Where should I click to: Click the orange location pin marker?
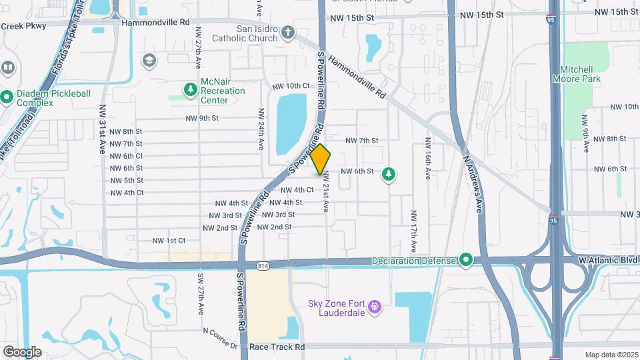tap(321, 159)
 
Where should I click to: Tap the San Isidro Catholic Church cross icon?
tap(287, 33)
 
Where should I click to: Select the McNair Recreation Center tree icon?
tap(191, 89)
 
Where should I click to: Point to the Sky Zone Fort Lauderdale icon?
tap(375, 307)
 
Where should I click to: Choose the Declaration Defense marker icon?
tap(466, 259)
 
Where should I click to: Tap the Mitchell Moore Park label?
tap(577, 74)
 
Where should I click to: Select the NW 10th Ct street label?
tap(291, 86)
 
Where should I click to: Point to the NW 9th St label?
tap(202, 118)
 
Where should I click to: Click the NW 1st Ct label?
tap(169, 240)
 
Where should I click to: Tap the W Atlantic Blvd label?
tap(608, 259)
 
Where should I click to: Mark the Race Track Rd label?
tap(277, 347)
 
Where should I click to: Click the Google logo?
tap(22, 351)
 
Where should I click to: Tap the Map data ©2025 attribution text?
tap(611, 354)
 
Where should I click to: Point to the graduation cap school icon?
tap(149, 61)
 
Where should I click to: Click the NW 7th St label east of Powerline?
tap(362, 141)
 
